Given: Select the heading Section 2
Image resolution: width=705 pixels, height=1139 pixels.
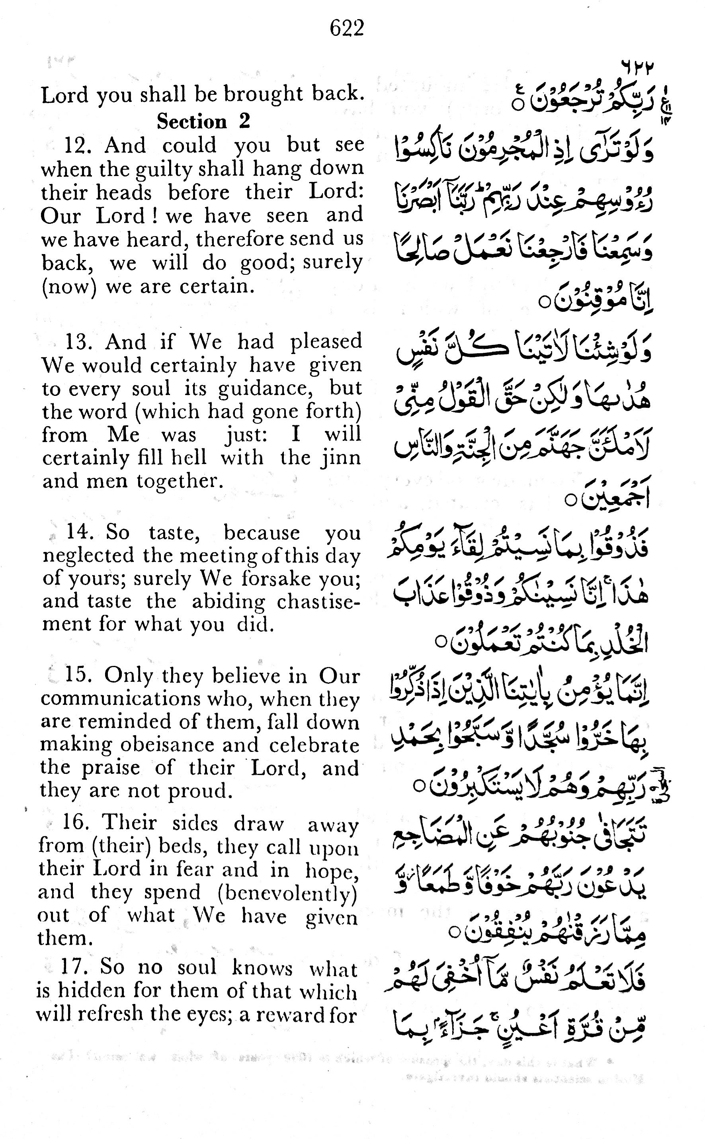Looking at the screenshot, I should (203, 122).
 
